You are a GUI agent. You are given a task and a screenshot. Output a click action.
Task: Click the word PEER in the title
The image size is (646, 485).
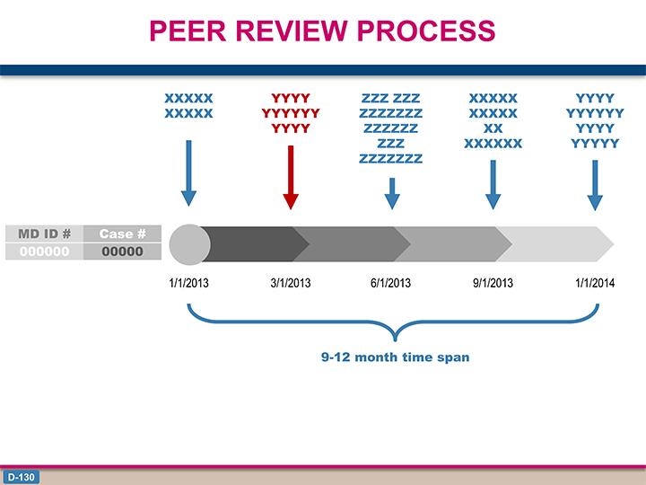point(188,31)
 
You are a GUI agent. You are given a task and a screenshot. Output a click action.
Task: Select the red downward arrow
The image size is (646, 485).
point(291,177)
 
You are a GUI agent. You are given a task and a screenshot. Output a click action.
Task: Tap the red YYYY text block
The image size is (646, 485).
point(291,113)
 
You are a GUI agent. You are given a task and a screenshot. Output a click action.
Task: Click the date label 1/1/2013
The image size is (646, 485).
point(188,283)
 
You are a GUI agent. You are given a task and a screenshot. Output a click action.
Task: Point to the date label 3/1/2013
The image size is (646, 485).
point(291,283)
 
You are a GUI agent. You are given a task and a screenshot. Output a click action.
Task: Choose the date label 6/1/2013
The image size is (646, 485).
point(390,283)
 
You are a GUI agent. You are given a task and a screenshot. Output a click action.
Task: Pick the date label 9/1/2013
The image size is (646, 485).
point(493,283)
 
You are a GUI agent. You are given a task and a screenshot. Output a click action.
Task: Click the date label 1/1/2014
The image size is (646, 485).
point(595,283)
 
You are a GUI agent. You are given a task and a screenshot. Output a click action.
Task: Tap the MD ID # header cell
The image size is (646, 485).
point(45,234)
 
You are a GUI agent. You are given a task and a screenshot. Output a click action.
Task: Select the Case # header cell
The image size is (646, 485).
point(122,234)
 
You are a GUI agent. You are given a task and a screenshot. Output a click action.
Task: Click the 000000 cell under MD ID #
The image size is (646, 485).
point(45,251)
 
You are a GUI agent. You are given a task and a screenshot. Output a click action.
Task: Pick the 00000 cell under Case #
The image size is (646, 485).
point(122,251)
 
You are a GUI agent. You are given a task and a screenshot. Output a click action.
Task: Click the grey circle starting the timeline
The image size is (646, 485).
point(190,244)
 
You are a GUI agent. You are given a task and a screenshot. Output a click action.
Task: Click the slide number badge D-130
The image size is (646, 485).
point(22,477)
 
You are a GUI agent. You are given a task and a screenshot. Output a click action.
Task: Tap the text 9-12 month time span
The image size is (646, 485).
point(395,357)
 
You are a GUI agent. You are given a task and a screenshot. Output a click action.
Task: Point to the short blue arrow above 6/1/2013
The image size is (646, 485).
point(392,193)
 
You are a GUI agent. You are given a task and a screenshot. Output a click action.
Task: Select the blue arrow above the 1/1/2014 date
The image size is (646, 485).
point(595,186)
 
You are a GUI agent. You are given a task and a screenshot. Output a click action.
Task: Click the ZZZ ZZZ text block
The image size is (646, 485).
point(390,128)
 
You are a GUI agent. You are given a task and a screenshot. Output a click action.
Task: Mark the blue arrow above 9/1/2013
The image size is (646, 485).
point(493,185)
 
